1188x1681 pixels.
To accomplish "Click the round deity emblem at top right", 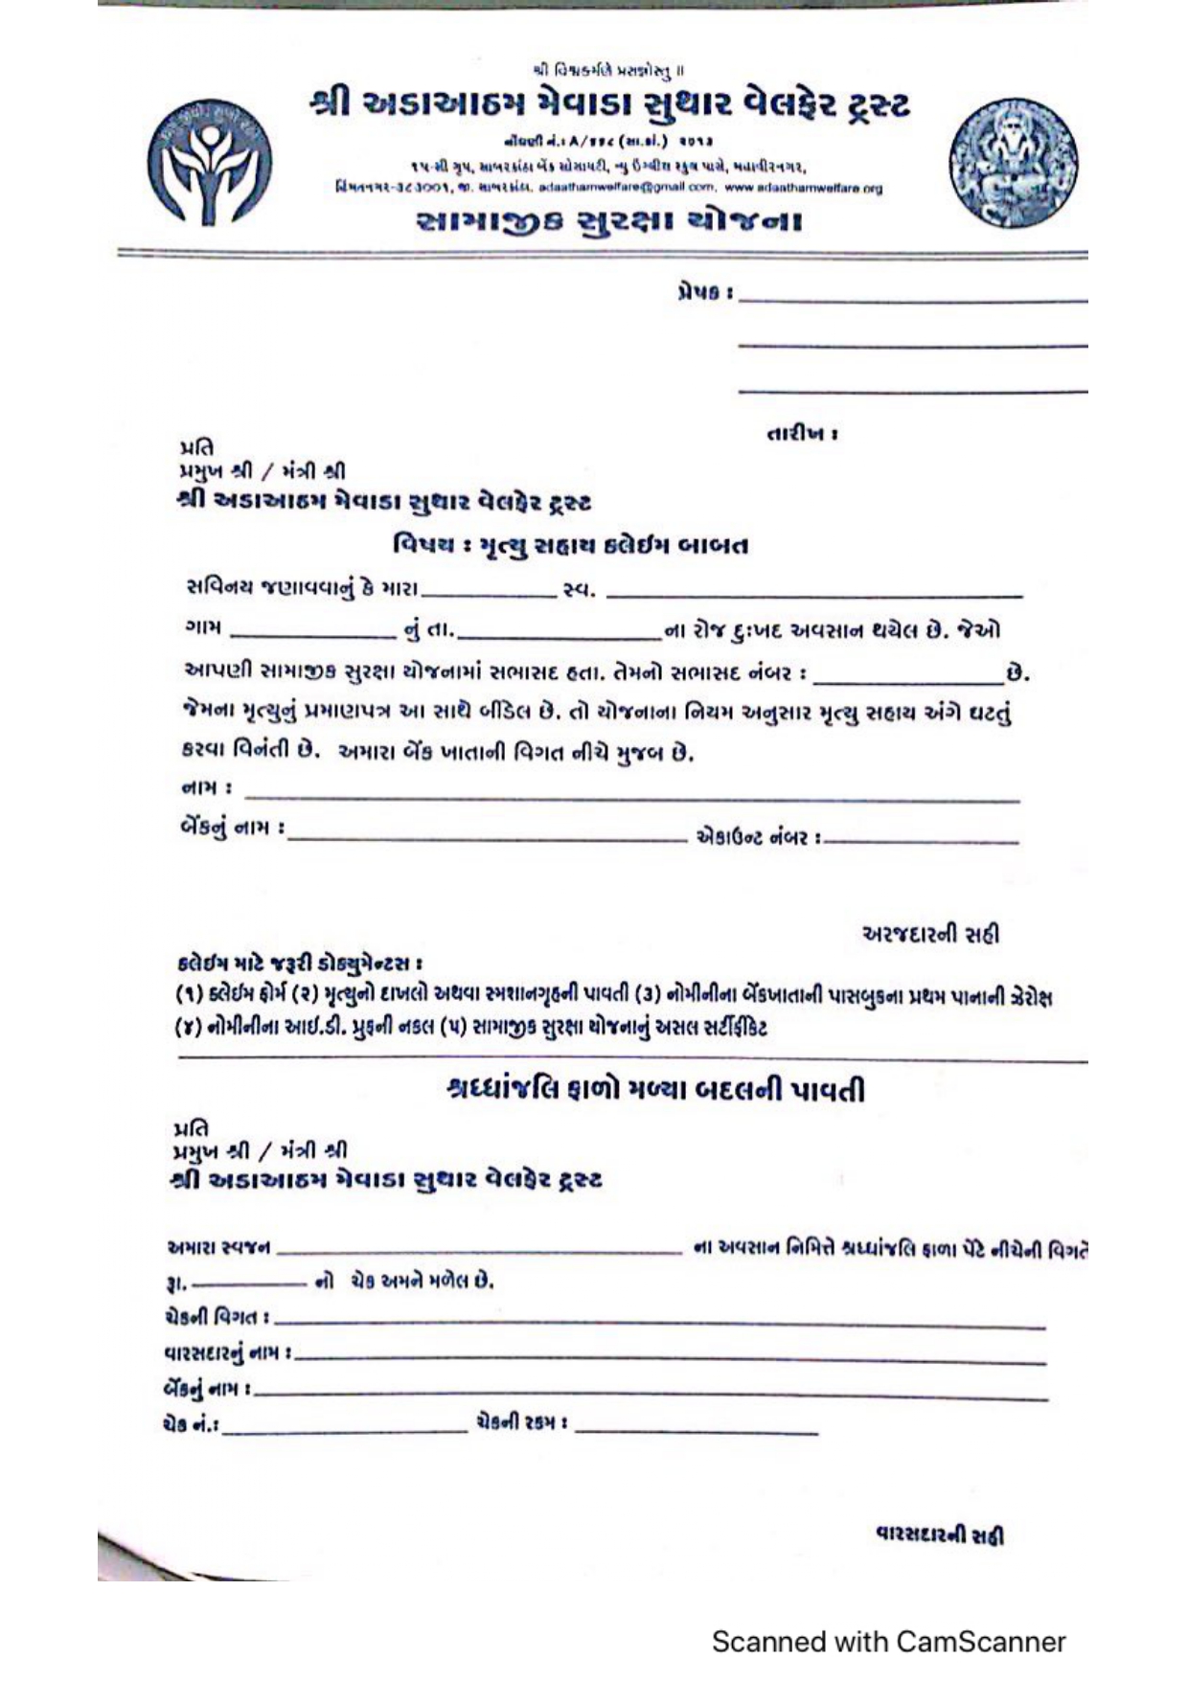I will [1013, 163].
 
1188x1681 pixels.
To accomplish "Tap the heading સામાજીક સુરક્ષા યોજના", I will [609, 222].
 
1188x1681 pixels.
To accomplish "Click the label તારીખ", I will [802, 434].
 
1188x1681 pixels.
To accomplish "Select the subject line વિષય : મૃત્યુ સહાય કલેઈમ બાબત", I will [570, 546].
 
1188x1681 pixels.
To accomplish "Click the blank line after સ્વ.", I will [814, 593].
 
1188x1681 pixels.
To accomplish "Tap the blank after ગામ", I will [311, 634].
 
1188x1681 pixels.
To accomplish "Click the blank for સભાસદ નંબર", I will [907, 677].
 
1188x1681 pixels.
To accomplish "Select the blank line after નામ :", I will [632, 794].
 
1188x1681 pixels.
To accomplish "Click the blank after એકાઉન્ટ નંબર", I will [922, 840].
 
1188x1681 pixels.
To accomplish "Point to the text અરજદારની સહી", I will [930, 934].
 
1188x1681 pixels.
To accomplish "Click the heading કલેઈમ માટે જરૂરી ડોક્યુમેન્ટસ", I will [300, 963].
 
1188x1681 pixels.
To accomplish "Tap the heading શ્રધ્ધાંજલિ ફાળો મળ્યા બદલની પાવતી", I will [656, 1090].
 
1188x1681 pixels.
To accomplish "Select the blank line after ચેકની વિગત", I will [661, 1323].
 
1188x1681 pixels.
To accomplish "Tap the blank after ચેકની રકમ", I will [697, 1428].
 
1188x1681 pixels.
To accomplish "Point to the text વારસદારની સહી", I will [940, 1535].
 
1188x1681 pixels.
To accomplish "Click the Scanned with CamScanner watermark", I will [888, 1642].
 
